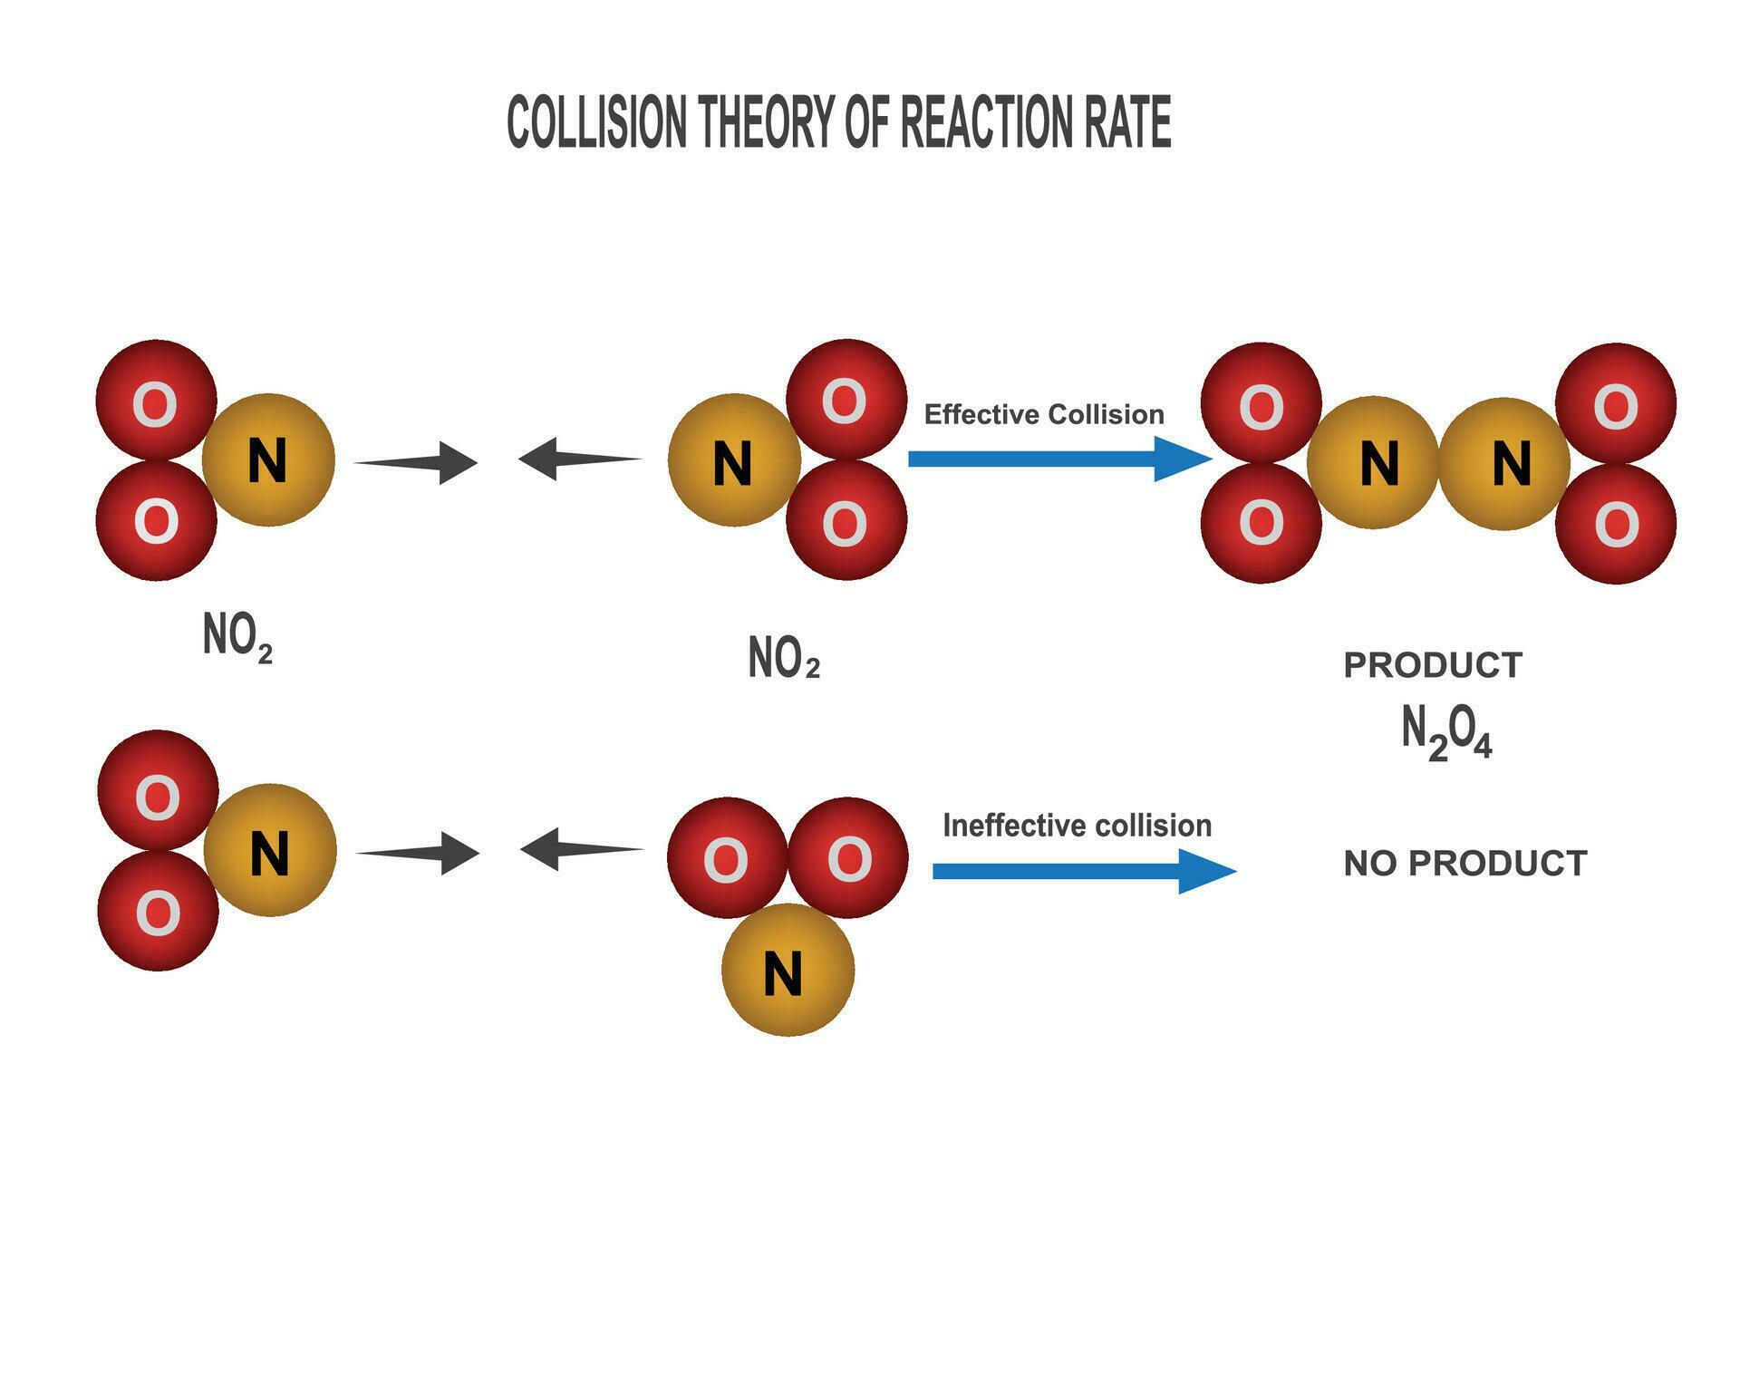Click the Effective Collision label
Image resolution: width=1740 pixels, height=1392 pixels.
(1043, 414)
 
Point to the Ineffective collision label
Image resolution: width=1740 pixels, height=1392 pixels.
(1077, 826)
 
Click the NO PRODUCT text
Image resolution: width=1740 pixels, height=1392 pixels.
(1464, 863)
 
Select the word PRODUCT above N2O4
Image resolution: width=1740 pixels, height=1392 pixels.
(1432, 665)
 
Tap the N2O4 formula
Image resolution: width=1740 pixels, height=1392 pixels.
(1445, 732)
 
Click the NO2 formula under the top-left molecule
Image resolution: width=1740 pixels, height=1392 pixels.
(237, 636)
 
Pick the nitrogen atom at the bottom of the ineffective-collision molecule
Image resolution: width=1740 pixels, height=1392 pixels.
(787, 970)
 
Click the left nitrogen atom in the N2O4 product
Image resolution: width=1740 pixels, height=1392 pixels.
(1373, 462)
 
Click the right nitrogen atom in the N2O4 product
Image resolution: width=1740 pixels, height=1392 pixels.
(1504, 462)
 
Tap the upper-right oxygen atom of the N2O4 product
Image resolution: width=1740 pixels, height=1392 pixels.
(1615, 403)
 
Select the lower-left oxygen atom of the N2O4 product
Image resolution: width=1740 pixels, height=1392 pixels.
(1261, 523)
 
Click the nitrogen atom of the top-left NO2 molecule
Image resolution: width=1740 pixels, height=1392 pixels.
(268, 459)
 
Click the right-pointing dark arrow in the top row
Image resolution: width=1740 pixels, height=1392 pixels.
(417, 463)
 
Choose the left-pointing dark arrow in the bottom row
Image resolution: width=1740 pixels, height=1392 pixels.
(580, 849)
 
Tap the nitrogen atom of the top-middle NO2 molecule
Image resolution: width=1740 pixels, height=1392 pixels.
(734, 460)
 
